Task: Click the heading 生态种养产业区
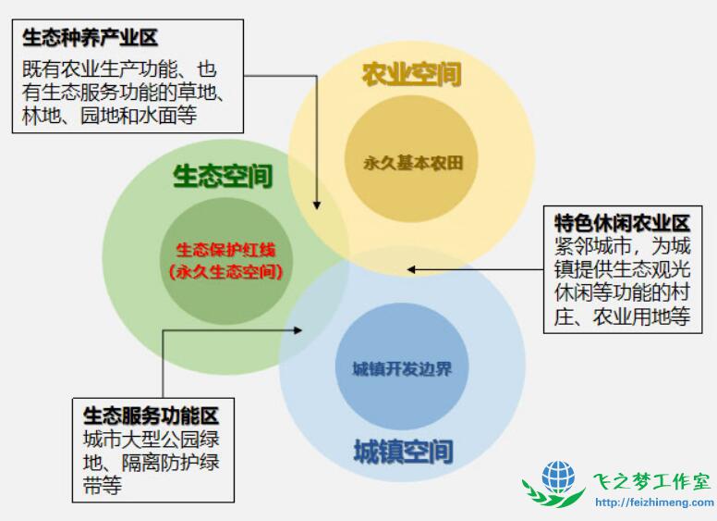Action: coord(90,38)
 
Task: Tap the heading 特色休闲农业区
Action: coord(622,224)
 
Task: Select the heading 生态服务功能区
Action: coord(151,416)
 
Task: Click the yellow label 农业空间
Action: coord(411,75)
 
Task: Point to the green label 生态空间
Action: coord(223,176)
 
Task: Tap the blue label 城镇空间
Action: coord(403,452)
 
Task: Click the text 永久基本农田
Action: coord(413,163)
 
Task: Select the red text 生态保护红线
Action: coord(225,250)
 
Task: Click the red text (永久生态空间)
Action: coord(225,272)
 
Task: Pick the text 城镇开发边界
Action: coord(402,368)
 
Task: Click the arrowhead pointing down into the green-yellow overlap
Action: coord(316,205)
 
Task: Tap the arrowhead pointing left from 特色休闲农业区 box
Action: coord(410,269)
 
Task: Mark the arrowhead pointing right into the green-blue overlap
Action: coord(298,330)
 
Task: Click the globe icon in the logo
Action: coord(558,478)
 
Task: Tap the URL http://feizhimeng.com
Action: coord(654,502)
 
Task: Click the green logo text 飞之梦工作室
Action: coord(652,481)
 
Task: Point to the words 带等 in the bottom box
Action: coord(103,485)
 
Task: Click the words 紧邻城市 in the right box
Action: coord(592,246)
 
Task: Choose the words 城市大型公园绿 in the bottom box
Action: coord(151,440)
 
